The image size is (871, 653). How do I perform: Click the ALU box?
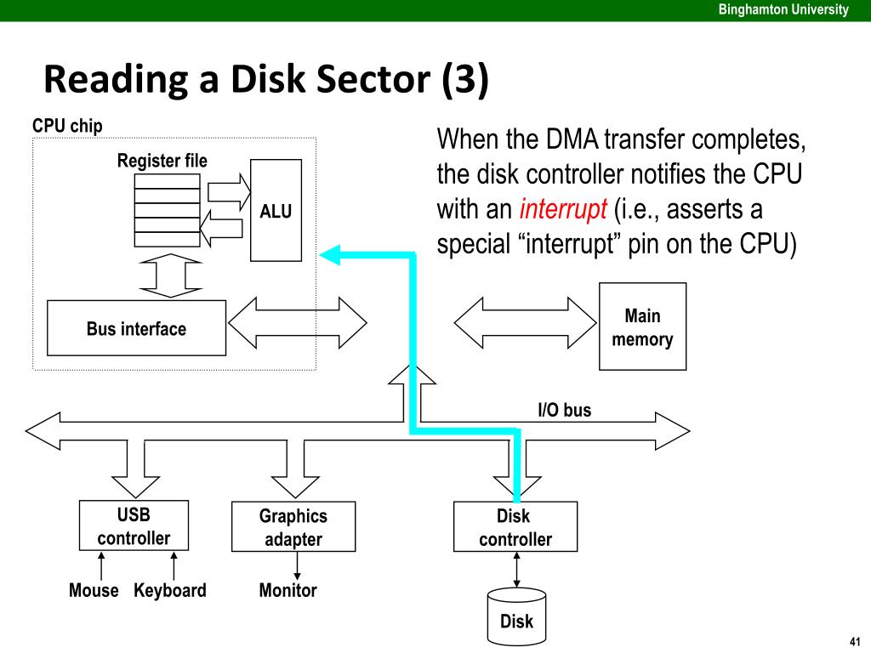(276, 211)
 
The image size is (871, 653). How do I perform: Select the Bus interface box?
(137, 328)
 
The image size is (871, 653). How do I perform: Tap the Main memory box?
(643, 326)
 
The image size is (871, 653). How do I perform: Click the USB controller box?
(134, 525)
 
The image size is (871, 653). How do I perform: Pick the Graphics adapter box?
(293, 527)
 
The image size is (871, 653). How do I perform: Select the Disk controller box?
(515, 527)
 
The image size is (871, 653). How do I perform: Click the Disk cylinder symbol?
(516, 616)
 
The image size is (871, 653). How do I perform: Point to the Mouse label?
(94, 590)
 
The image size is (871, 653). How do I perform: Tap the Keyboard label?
(170, 590)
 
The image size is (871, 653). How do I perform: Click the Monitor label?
(287, 590)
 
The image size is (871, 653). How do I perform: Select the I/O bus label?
(565, 410)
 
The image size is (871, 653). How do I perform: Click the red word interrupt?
(563, 209)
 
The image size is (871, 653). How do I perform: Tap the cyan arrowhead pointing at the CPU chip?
(330, 255)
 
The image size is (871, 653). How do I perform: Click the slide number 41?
(855, 641)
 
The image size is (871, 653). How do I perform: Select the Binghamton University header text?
(783, 9)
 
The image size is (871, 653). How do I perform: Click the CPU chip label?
(67, 126)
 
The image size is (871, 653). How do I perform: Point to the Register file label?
(162, 161)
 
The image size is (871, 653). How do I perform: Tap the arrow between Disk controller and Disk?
(516, 570)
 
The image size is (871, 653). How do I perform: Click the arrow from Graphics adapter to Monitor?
(297, 565)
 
